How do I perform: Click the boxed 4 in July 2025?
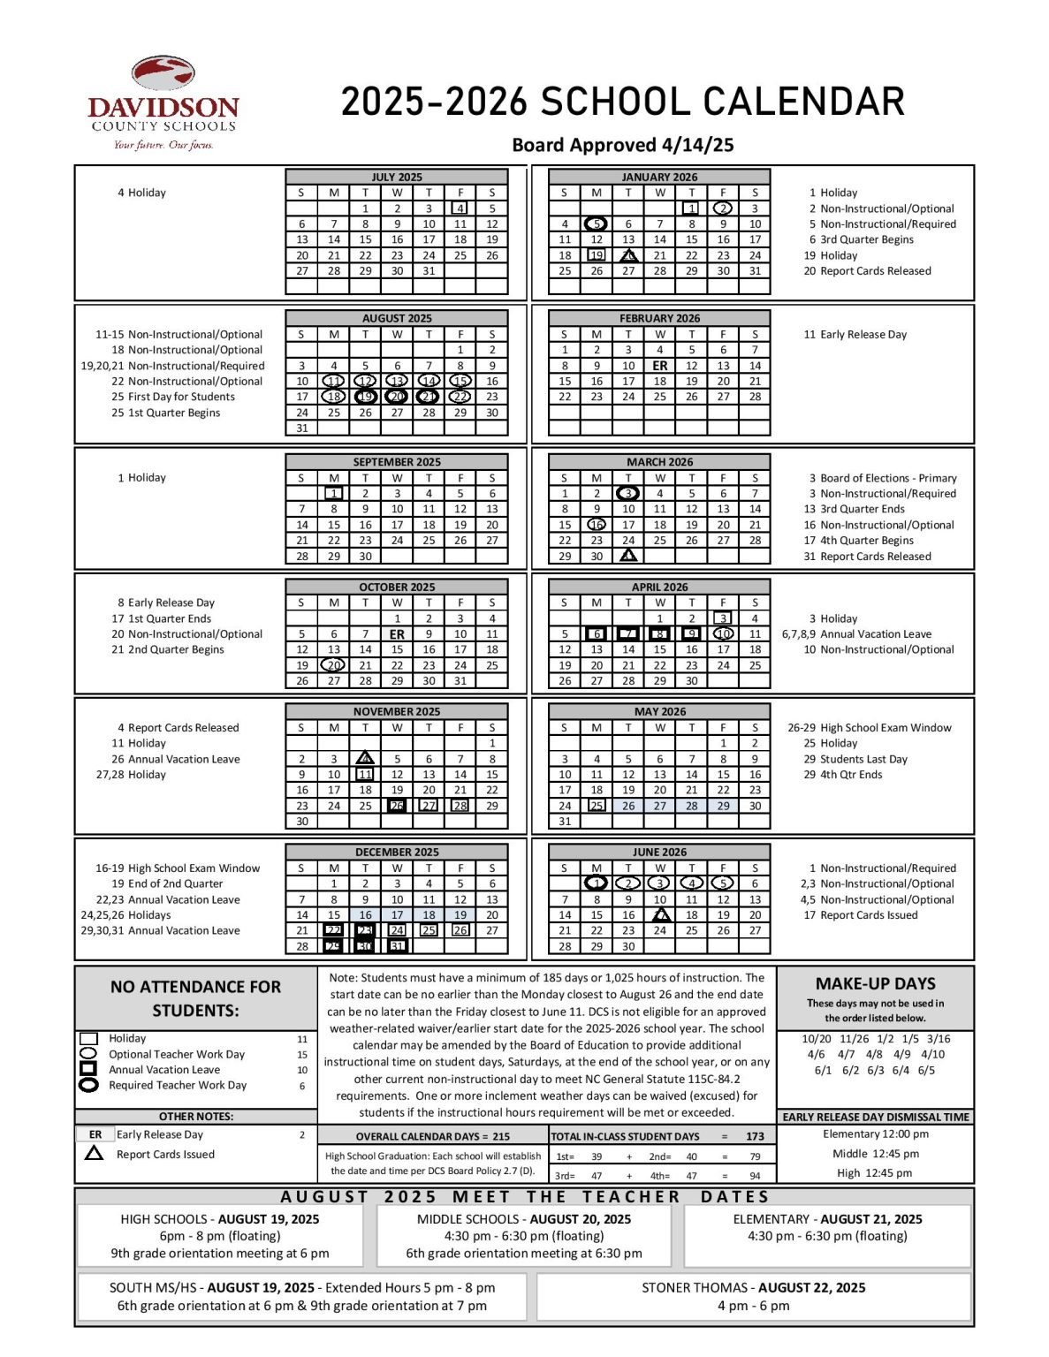click(x=460, y=208)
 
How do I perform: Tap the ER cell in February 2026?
click(x=659, y=366)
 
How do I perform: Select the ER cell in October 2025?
click(x=397, y=634)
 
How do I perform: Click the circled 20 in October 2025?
click(x=333, y=665)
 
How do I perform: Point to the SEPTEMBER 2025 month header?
click(x=396, y=462)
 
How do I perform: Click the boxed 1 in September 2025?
click(x=333, y=494)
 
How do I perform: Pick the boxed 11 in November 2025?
click(x=365, y=774)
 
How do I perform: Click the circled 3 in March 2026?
click(x=627, y=494)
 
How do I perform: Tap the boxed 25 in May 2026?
click(x=597, y=806)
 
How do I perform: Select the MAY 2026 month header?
click(x=659, y=711)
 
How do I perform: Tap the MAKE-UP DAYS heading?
click(x=875, y=983)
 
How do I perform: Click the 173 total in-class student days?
click(x=755, y=1136)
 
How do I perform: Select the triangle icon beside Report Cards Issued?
click(x=94, y=1153)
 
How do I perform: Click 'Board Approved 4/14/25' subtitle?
click(x=622, y=145)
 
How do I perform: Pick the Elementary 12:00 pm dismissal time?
click(x=875, y=1133)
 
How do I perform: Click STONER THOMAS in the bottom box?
click(x=696, y=1287)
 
